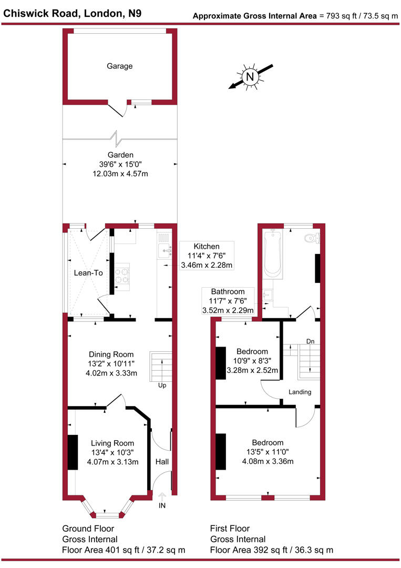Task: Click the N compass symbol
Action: click(250, 77)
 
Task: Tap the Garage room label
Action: click(120, 66)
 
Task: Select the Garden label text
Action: click(120, 155)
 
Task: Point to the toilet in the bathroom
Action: click(312, 238)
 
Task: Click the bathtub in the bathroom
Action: click(273, 253)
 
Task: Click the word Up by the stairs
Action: click(162, 385)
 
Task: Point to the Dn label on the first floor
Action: click(311, 342)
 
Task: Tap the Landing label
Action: click(300, 392)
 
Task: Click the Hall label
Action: click(162, 461)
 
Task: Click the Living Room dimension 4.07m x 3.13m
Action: click(112, 463)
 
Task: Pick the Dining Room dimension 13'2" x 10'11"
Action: click(111, 364)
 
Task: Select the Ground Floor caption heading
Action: click(88, 529)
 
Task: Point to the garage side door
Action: click(118, 109)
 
